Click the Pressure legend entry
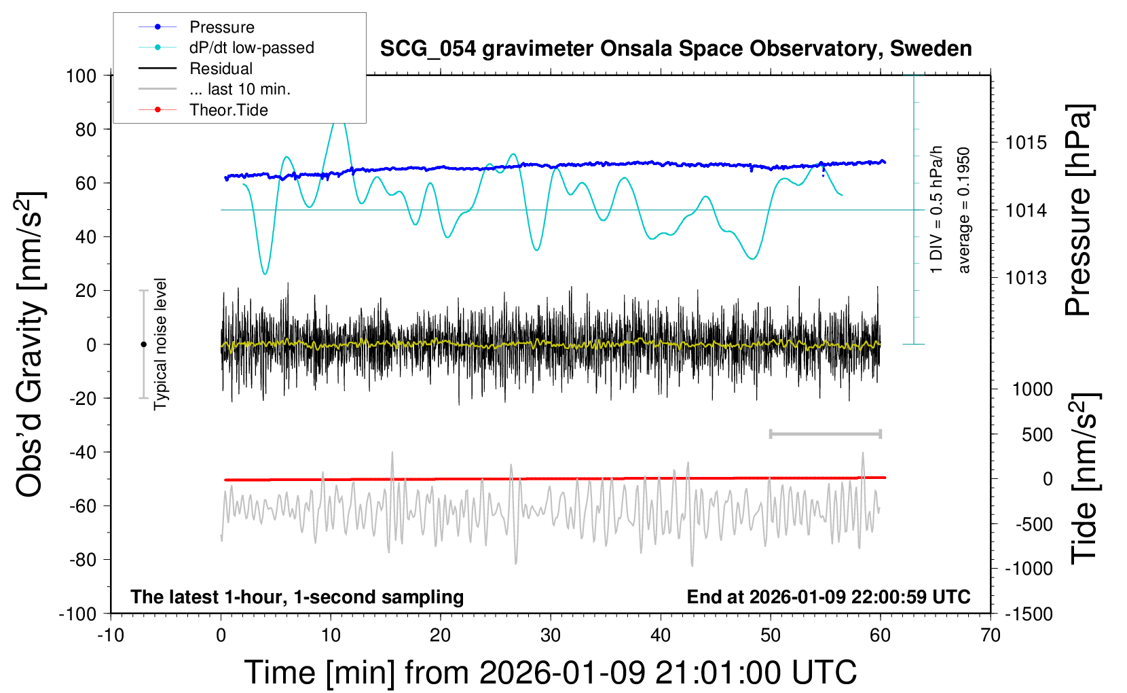221,27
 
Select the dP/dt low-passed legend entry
251,48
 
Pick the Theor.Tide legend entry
228,110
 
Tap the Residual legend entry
221,69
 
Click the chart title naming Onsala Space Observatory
676,49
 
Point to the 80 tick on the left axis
86,129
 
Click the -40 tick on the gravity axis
82,452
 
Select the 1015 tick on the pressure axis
1026,143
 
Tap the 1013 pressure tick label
1026,277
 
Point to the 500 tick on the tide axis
1037,434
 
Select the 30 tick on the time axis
551,635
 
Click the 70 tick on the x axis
991,635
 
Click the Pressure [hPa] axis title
1078,211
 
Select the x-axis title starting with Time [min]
551,673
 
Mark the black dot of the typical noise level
143,344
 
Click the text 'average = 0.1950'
964,211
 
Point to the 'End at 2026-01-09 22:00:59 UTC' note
828,597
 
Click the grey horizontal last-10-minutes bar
825,433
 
